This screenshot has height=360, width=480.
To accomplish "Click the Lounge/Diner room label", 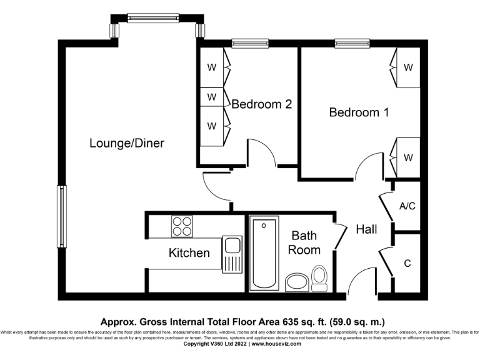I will point(127,143).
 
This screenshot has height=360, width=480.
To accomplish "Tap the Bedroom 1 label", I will point(359,112).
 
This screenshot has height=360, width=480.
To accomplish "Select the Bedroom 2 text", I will point(261,104).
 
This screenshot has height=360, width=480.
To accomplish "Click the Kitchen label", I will point(189,253).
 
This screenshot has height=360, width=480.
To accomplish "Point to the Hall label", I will point(366,229).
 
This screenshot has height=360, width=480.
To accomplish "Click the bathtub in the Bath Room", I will point(263,254).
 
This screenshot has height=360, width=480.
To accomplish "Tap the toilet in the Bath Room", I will point(319,278).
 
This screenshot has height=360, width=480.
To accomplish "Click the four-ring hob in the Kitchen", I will point(182,226).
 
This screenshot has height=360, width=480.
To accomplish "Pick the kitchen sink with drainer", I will point(233,253).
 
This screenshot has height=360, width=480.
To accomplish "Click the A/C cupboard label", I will point(407,207).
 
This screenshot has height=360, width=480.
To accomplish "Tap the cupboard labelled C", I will point(407,264).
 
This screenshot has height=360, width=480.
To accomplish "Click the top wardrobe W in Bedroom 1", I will point(407,67).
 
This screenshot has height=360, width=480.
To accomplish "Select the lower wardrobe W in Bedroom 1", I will point(407,157).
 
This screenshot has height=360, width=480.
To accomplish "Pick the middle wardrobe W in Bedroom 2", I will point(212,97).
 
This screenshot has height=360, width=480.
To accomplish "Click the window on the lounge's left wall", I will point(61,216).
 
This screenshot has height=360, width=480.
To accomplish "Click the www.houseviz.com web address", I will point(276,344).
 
